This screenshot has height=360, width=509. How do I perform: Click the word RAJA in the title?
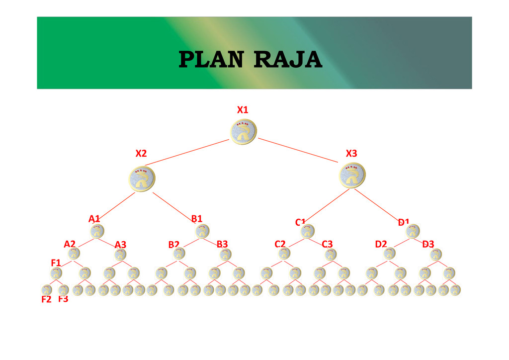coord(287,60)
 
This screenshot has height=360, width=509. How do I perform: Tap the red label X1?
coord(243,109)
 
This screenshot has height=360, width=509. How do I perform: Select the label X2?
coord(141,154)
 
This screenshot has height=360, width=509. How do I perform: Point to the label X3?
coord(351,154)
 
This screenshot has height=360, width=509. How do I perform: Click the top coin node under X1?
coord(244,132)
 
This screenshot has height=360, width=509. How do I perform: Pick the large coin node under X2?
coord(142,178)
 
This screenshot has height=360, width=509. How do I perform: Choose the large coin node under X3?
coord(353,176)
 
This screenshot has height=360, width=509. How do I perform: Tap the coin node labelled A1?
coord(97,231)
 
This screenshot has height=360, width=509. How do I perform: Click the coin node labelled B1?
coord(202,231)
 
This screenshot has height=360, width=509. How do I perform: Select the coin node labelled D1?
coord(413,231)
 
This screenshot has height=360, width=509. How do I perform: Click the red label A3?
coord(120,245)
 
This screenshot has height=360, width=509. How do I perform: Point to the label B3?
coord(222,244)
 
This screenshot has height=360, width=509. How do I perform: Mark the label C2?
coord(280,244)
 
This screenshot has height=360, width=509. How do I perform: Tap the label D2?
coord(381,244)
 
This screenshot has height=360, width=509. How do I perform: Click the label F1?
coord(56,262)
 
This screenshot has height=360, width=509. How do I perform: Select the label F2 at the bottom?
coord(46,300)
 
